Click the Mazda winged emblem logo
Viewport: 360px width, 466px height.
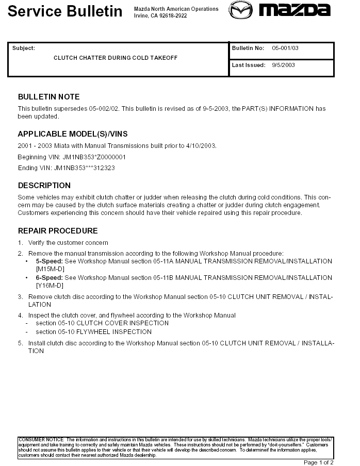coord(241,10)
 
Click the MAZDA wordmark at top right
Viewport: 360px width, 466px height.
coord(294,10)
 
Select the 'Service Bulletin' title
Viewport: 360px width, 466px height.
coord(65,11)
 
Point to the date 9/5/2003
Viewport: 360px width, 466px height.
coord(284,65)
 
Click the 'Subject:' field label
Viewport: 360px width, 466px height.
coord(24,48)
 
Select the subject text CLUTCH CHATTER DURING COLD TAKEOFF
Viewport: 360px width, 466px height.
coord(116,58)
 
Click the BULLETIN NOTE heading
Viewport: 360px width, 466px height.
coord(49,97)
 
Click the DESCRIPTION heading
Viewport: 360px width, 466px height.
coord(44,186)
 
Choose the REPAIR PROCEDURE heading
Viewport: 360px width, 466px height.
coord(58,231)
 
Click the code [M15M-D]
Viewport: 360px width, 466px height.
coord(50,269)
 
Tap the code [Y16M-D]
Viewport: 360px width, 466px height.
coord(50,286)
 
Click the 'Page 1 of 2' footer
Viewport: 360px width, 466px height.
coord(319,462)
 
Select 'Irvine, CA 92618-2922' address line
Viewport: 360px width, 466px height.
coord(160,16)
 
